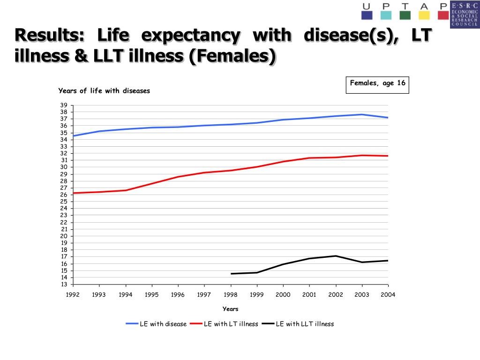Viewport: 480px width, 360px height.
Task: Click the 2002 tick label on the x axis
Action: coord(335,295)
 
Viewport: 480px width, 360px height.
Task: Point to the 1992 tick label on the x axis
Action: coord(73,295)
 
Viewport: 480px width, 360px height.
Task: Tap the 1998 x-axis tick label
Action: coord(230,295)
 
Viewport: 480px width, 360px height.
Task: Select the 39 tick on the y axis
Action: coord(64,105)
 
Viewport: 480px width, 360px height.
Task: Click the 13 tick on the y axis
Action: coord(64,285)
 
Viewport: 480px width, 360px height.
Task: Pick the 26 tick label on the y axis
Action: coord(64,195)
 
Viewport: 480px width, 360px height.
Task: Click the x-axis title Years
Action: coord(230,309)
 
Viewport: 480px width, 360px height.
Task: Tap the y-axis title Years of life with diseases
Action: coord(104,91)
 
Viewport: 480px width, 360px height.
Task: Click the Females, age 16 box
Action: coord(377,85)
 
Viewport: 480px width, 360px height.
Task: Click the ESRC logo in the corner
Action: coord(465,15)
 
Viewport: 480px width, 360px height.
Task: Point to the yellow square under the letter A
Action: coord(424,15)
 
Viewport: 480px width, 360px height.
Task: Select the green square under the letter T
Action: coord(405,15)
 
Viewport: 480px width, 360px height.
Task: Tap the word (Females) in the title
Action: coord(232,56)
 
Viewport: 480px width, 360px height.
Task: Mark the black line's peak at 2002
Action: coord(335,256)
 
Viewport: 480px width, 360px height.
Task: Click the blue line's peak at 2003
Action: coord(362,114)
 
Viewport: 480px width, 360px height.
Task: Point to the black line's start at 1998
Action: coord(231,274)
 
